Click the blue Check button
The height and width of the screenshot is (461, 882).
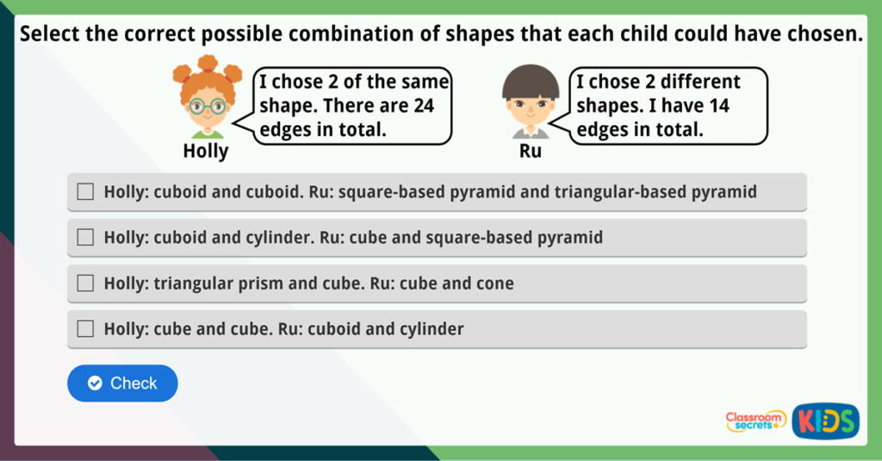click(122, 383)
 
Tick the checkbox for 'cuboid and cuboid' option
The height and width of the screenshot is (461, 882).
click(85, 192)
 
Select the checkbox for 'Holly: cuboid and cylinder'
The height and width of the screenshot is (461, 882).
click(85, 238)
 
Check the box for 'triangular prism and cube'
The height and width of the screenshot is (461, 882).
click(85, 283)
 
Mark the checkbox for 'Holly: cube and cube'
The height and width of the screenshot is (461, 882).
click(85, 329)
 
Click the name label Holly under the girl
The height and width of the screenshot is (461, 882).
click(206, 152)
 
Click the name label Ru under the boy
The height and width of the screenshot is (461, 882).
click(530, 152)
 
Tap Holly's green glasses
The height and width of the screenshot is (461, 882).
click(207, 107)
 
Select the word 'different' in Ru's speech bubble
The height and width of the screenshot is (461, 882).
click(699, 82)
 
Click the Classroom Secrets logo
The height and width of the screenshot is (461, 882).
click(755, 421)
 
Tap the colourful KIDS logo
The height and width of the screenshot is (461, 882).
click(825, 421)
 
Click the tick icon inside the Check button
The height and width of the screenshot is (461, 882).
click(95, 383)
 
